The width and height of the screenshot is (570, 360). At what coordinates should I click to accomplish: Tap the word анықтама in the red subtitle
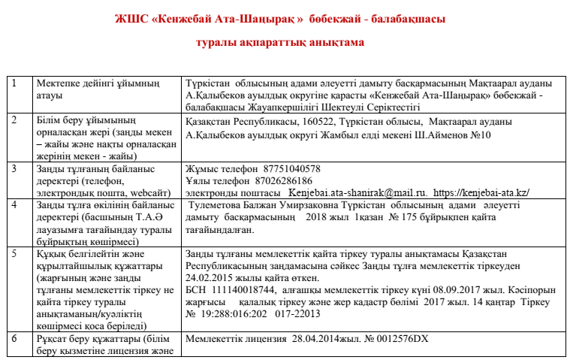(x=337, y=43)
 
